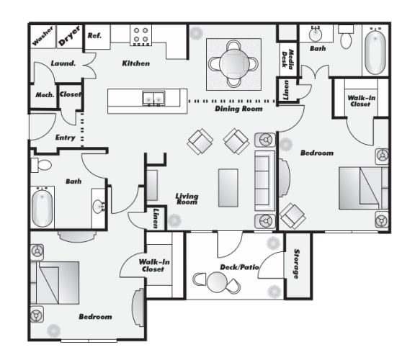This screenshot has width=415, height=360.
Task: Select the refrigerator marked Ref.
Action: [x=94, y=35]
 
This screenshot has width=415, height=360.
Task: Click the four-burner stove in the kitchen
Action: [x=140, y=35]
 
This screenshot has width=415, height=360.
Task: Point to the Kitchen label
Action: [x=135, y=63]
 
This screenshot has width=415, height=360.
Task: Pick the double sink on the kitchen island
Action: [x=153, y=99]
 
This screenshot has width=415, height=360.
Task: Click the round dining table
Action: [x=233, y=62]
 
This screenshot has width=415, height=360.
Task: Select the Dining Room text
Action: [x=238, y=109]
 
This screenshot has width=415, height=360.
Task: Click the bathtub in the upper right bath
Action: [x=375, y=51]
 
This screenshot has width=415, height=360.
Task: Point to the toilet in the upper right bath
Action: [x=346, y=37]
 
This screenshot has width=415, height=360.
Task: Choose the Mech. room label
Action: [x=42, y=95]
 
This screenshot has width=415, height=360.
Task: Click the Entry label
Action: [x=66, y=137]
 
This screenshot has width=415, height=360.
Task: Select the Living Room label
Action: [x=187, y=199]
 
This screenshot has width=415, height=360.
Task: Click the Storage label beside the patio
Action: [x=295, y=265]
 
